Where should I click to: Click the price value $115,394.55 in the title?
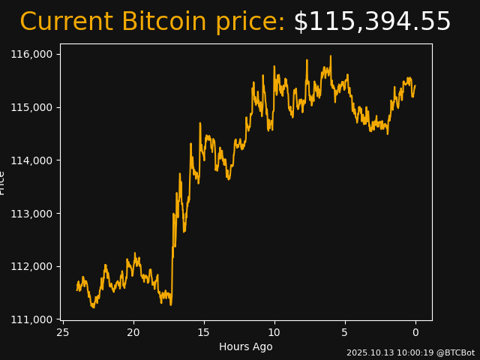[372, 22]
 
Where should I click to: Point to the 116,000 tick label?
[31, 55]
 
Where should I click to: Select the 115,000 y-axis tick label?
[31, 107]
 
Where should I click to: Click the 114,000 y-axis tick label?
[31, 160]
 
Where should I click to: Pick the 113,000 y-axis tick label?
[31, 214]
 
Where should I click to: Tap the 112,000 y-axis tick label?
[31, 266]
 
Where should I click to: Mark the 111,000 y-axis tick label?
[31, 319]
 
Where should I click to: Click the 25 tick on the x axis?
[63, 332]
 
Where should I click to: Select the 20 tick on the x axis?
[133, 332]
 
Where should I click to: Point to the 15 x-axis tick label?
[204, 332]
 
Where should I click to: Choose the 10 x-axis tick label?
[274, 332]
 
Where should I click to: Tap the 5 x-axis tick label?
[345, 332]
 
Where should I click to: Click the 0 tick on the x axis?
[415, 332]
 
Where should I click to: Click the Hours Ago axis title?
[246, 346]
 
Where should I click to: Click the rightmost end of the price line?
[415, 85]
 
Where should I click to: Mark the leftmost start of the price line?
[77, 289]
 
